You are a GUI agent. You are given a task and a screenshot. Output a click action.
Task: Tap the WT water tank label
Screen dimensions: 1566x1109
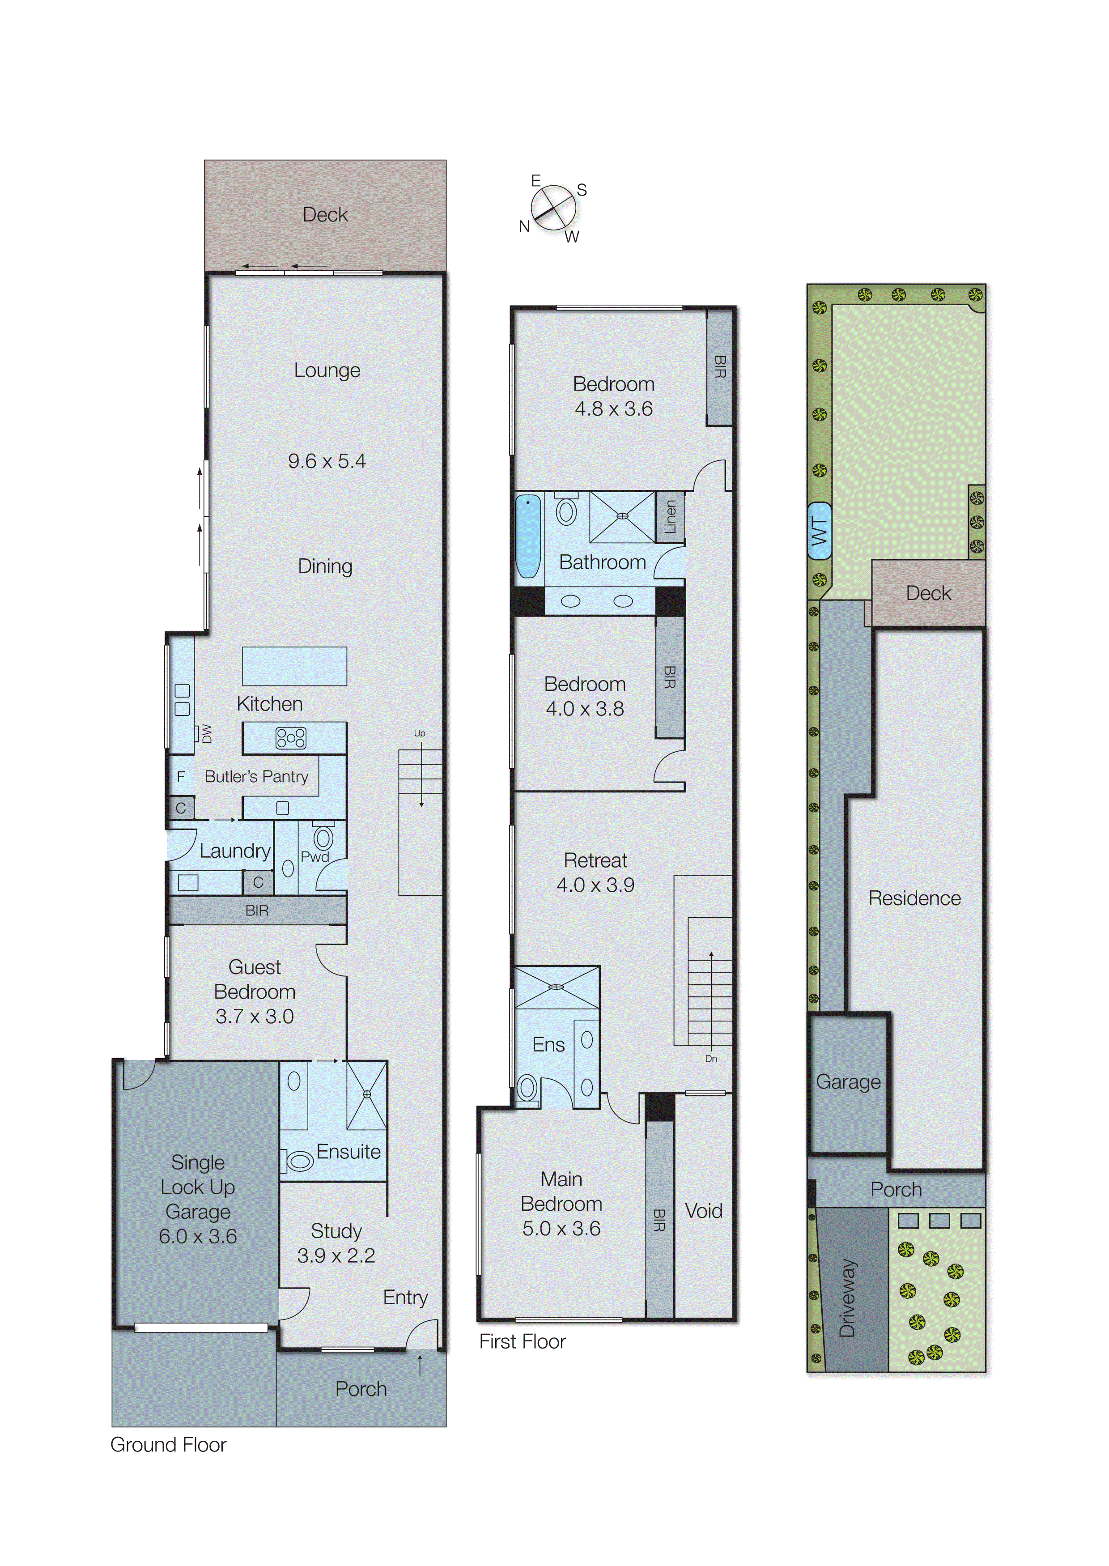tap(819, 531)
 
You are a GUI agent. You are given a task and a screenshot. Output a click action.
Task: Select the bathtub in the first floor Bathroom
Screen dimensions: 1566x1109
tap(528, 536)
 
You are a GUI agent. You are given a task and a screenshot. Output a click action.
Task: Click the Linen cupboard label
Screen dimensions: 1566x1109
tap(670, 517)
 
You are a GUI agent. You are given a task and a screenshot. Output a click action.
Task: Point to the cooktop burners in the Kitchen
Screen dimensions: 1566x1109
tap(291, 738)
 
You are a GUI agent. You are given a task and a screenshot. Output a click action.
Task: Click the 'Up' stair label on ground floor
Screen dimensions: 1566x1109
tap(419, 733)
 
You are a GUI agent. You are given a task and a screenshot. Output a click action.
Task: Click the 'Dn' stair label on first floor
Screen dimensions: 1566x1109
tap(711, 1059)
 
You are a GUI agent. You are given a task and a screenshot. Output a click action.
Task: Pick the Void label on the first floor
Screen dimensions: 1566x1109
tap(703, 1211)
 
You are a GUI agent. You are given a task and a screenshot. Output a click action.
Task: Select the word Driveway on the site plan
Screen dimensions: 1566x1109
tap(847, 1298)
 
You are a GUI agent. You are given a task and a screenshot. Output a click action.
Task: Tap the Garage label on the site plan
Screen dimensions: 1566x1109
tap(848, 1082)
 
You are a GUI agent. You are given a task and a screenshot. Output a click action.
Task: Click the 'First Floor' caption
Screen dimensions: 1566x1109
tap(523, 1341)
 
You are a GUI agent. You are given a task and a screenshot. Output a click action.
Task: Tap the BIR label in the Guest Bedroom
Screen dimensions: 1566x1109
tap(257, 911)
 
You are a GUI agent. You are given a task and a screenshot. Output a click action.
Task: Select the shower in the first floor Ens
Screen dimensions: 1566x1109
tap(557, 987)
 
